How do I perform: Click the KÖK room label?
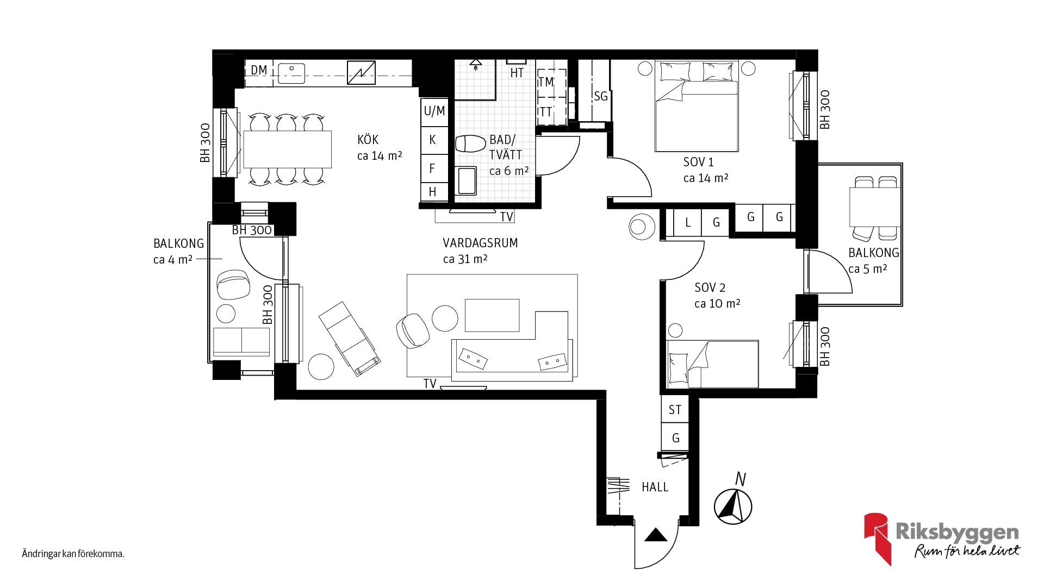[368, 140]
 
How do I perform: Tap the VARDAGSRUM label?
[480, 243]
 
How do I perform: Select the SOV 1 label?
[699, 162]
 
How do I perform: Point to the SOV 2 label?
[710, 288]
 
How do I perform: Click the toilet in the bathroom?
[470, 144]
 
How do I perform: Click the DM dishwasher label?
[259, 70]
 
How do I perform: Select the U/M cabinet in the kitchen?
[434, 111]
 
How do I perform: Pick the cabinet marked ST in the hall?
[675, 410]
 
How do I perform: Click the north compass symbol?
[733, 505]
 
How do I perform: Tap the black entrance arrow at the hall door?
[656, 535]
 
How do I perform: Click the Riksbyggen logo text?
[957, 532]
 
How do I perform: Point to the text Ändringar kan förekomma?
[73, 554]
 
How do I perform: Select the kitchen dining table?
[287, 149]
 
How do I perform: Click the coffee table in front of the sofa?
[492, 315]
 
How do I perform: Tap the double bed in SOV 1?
[697, 106]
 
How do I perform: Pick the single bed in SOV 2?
[712, 364]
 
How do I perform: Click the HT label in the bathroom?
[517, 72]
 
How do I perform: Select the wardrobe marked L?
[687, 222]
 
